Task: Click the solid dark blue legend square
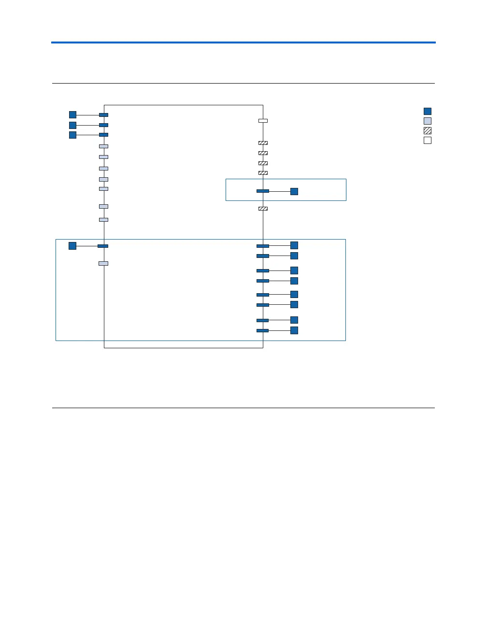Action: click(428, 111)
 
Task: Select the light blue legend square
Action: click(428, 121)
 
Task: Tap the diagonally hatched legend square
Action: click(428, 130)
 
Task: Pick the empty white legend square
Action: click(428, 141)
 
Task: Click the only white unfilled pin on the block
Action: click(263, 120)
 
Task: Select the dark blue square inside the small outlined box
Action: click(294, 191)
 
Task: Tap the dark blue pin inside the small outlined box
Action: click(263, 191)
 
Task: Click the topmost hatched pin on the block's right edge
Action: click(263, 143)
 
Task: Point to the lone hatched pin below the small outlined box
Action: click(263, 209)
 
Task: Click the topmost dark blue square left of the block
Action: click(72, 114)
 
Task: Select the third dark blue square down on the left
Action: click(72, 135)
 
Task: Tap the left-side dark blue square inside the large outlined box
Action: click(72, 246)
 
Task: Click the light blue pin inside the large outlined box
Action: click(103, 263)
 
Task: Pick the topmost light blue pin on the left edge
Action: click(103, 146)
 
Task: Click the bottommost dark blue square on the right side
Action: click(294, 330)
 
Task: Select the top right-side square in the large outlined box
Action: click(294, 245)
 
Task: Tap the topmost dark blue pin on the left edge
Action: click(103, 115)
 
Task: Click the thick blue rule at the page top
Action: click(243, 43)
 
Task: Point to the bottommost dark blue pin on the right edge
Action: click(263, 330)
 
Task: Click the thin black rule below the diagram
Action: click(243, 408)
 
